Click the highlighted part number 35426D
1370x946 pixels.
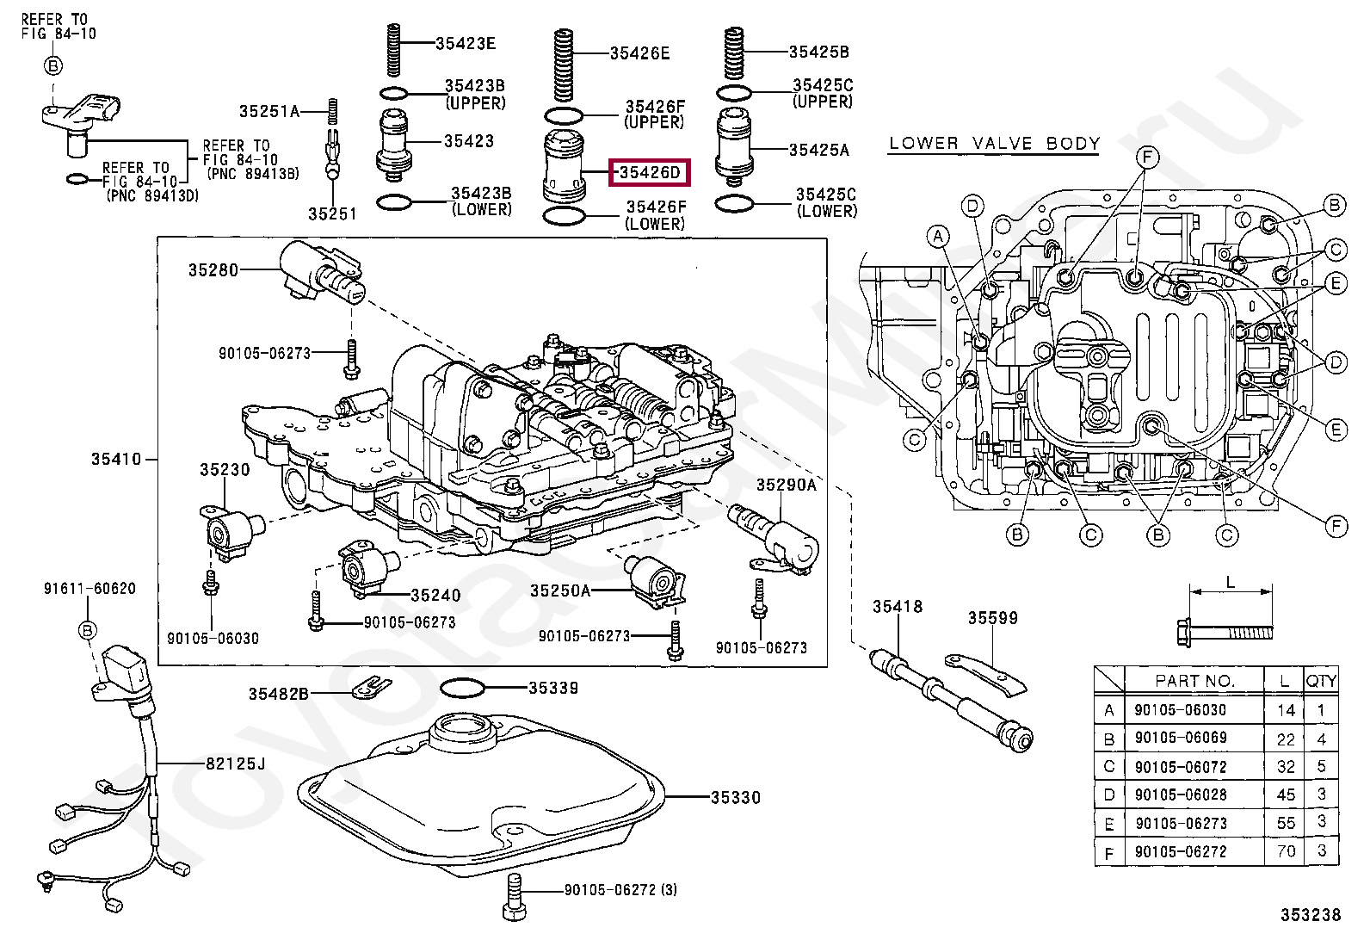(650, 172)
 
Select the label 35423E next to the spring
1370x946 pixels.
(466, 43)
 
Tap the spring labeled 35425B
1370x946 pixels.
(733, 53)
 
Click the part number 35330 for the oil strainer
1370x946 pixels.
(736, 797)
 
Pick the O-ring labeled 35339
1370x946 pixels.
(462, 688)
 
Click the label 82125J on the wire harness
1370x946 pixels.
(236, 764)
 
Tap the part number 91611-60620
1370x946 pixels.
(89, 589)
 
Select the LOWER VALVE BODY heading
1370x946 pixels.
(994, 144)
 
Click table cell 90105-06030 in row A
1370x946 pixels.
(1181, 710)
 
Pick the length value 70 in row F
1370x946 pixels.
(1286, 851)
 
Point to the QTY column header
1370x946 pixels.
(1321, 681)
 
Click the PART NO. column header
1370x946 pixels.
(1194, 681)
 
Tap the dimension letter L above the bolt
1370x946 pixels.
(1231, 582)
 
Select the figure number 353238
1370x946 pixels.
(1311, 915)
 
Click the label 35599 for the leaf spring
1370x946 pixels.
(992, 618)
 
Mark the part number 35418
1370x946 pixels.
(898, 606)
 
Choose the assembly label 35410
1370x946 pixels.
(116, 459)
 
